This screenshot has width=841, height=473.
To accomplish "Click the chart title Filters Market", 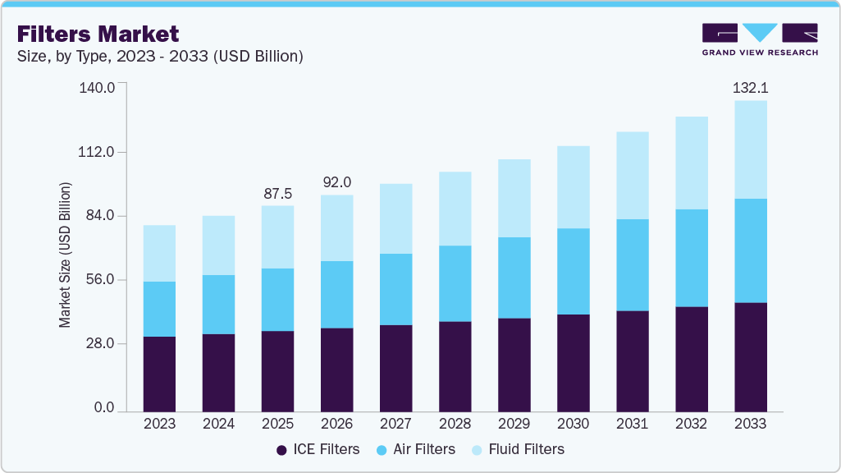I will click(98, 34).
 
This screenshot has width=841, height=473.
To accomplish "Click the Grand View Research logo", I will click(760, 39).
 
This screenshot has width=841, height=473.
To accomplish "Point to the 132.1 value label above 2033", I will click(750, 88).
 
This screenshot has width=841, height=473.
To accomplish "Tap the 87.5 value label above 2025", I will click(277, 194).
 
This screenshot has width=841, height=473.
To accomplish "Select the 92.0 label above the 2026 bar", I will click(336, 182).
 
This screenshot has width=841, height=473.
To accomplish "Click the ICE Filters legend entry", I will click(318, 449).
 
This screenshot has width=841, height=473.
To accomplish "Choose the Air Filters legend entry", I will click(416, 449).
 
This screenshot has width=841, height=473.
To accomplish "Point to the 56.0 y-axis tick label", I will click(100, 280).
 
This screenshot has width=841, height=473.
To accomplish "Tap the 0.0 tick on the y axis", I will click(104, 408).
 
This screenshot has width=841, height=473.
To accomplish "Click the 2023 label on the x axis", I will click(159, 424).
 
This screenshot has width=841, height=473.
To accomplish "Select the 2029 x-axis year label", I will click(514, 424).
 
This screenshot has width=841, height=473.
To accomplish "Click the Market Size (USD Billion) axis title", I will click(65, 255).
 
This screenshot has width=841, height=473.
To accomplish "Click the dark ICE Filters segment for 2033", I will click(750, 356).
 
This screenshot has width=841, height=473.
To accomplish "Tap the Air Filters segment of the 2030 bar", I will click(573, 271).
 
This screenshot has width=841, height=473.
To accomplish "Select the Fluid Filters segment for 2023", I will click(159, 253).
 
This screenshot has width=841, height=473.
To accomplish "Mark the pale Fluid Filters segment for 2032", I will click(691, 163).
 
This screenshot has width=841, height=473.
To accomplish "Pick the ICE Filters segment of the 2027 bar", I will click(395, 368).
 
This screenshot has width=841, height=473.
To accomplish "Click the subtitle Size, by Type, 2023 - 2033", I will click(161, 57).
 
